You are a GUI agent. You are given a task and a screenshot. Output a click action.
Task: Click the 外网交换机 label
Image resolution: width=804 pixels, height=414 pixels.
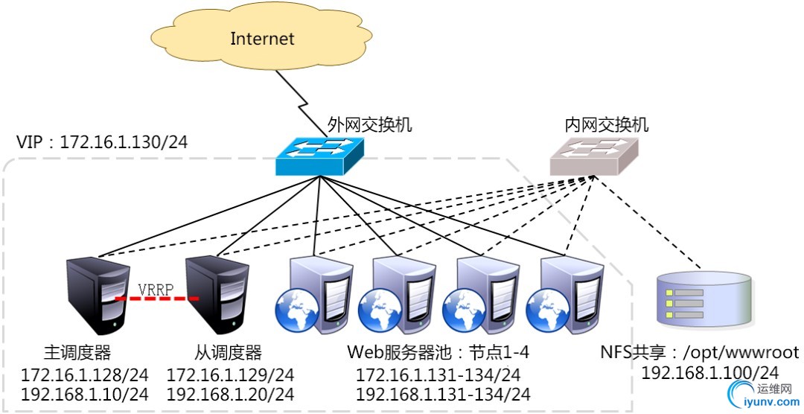pyautogui.click(x=370, y=124)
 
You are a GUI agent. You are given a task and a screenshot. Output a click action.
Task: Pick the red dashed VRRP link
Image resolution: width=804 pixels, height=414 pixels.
pyautogui.click(x=157, y=299)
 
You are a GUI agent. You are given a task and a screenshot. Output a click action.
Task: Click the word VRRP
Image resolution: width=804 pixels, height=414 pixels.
pyautogui.click(x=157, y=288)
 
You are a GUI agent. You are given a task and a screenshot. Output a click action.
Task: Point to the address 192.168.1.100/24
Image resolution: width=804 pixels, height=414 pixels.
pyautogui.click(x=710, y=372)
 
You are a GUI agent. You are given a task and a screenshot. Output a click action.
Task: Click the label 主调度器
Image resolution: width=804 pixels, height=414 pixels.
pyautogui.click(x=78, y=351)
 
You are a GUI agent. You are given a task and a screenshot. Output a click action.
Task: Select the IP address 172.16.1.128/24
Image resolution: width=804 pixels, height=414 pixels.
pyautogui.click(x=84, y=374)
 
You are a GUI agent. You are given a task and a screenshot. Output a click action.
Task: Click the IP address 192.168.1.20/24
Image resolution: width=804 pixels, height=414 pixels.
pyautogui.click(x=230, y=393)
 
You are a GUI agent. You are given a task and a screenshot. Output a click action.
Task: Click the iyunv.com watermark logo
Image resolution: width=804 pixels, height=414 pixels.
pyautogui.click(x=759, y=395)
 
